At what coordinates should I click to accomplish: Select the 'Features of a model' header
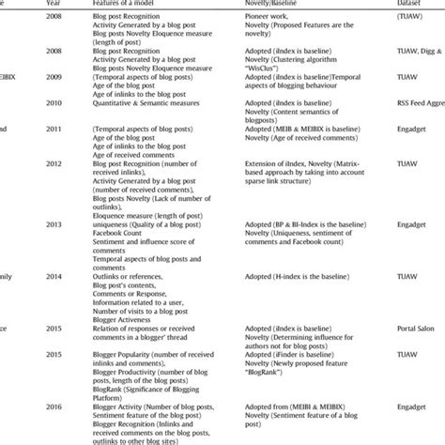(131, 5)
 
